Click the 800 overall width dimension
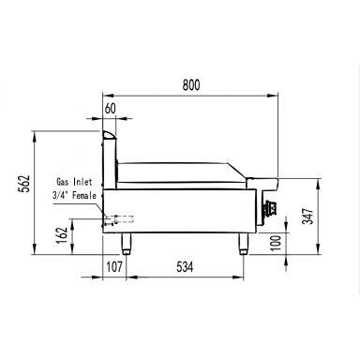pos(191,85)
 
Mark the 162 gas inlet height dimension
pos(62,235)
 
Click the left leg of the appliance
pos(127,246)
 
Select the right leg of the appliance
pos(242,246)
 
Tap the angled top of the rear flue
pos(110,138)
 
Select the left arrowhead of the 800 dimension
pos(105,96)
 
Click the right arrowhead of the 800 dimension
pos(279,96)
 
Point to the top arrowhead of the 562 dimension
pos(36,133)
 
